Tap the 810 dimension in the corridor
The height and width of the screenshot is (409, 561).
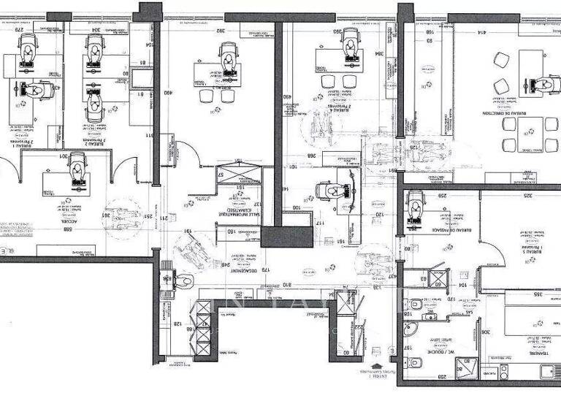[286, 285]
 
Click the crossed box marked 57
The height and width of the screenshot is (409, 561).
[237, 175]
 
